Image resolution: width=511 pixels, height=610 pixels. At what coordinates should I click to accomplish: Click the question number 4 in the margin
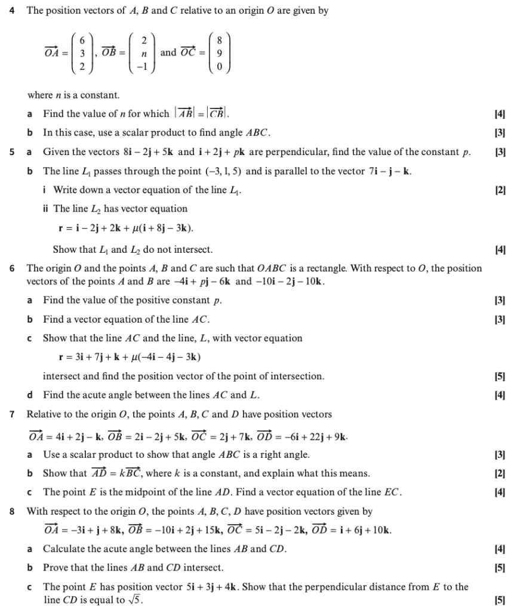[x=13, y=11]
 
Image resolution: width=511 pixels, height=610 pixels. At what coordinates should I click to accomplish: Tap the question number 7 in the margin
[x=13, y=414]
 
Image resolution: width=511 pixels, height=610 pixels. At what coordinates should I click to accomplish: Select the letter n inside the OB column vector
[x=143, y=52]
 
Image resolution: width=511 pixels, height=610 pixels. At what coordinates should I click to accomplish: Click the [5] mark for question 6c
[x=500, y=376]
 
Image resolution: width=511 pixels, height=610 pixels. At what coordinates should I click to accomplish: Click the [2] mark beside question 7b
[x=500, y=473]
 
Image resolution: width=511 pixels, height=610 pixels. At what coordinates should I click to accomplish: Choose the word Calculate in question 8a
[x=64, y=549]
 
